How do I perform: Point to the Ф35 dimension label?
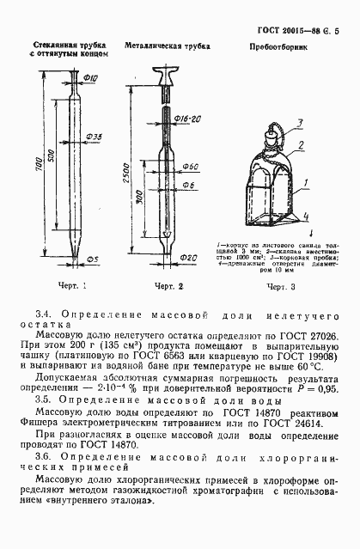[x=94, y=137]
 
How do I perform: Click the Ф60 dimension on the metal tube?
[x=192, y=165]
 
